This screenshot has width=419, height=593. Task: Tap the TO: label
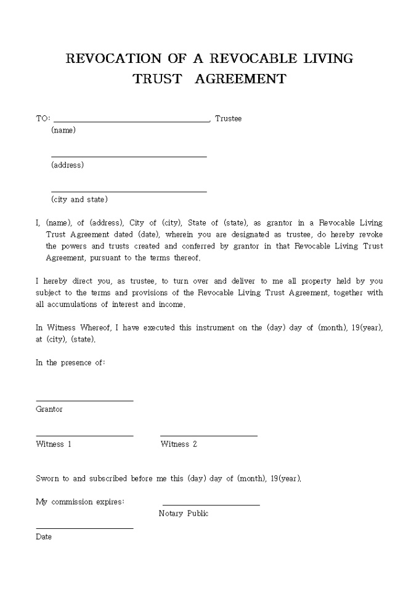tap(43, 118)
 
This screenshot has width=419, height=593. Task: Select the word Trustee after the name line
tap(228, 118)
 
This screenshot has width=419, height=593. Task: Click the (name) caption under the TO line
tap(63, 130)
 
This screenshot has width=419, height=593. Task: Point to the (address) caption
tap(67, 165)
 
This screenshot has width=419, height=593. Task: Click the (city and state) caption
tap(79, 199)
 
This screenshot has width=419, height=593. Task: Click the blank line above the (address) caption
tap(129, 157)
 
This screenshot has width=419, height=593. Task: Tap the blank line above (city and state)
tap(129, 192)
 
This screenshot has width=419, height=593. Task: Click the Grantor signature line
tap(84, 401)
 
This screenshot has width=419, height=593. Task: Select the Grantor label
tap(49, 409)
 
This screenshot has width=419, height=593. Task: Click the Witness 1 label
tap(54, 444)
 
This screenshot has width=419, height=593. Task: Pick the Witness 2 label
tap(179, 444)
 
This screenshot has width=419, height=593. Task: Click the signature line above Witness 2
tap(209, 436)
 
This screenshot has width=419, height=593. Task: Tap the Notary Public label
tap(184, 513)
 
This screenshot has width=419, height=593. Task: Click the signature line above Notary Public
tap(211, 505)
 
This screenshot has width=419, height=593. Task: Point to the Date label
tap(44, 537)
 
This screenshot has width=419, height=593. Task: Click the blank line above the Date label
tap(84, 528)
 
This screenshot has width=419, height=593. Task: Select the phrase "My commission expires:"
tap(80, 502)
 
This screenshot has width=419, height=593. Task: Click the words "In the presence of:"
tap(70, 362)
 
